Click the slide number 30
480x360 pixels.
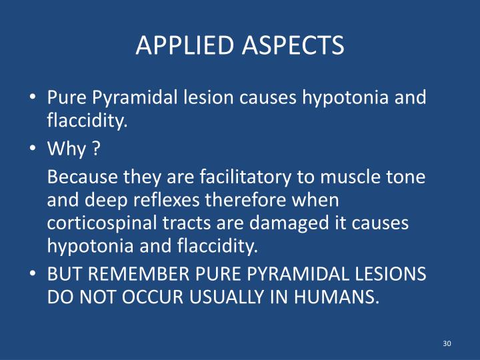[447, 343]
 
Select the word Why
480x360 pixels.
[67, 149]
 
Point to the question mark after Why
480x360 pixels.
[97, 149]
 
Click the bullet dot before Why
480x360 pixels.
[33, 150]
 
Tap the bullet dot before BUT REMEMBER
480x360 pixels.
[33, 275]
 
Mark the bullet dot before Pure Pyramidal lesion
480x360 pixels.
[33, 98]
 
